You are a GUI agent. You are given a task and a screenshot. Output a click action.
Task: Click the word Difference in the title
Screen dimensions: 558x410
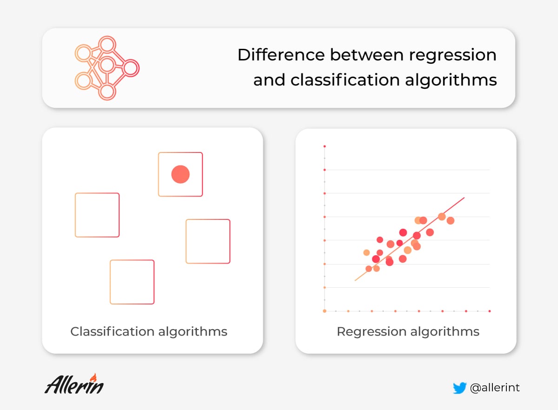click(281, 54)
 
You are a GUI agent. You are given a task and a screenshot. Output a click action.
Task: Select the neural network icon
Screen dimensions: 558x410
click(107, 68)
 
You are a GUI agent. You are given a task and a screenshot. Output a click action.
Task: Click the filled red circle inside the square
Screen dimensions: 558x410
click(180, 174)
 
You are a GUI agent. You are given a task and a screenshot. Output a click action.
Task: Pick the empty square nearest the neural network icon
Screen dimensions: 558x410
click(75, 215)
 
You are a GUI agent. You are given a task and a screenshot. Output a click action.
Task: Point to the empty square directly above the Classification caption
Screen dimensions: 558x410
click(110, 282)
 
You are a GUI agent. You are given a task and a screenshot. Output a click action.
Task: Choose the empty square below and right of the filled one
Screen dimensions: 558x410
click(186, 241)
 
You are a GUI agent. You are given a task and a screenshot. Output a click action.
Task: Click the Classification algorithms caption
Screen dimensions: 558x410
click(149, 331)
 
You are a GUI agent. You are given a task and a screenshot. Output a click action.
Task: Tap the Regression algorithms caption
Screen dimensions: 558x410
click(408, 332)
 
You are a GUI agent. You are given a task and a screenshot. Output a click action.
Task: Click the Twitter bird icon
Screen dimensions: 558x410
click(459, 388)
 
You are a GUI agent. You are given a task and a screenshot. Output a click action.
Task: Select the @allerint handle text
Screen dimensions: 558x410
click(495, 388)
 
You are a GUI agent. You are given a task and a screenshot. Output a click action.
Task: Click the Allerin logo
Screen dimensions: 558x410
click(74, 384)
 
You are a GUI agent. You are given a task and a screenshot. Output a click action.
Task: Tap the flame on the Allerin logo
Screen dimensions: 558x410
click(93, 377)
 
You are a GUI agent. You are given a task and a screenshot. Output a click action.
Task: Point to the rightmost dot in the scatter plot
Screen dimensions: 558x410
click(451, 220)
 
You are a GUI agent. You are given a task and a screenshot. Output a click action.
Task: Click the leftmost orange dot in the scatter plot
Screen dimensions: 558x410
click(366, 252)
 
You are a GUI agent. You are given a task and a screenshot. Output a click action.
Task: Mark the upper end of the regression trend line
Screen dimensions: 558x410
click(465, 198)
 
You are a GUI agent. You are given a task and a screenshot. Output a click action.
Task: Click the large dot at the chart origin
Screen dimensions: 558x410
click(325, 311)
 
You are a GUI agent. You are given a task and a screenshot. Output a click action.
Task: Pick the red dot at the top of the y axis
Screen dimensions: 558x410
click(325, 146)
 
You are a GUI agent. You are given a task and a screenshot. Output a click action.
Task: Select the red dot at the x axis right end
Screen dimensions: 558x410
click(490, 311)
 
